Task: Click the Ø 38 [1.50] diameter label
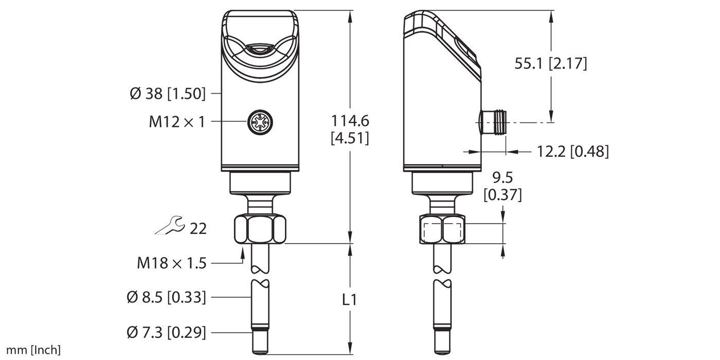(168, 94)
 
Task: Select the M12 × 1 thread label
(177, 122)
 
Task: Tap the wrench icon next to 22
(169, 226)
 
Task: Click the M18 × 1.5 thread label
(171, 263)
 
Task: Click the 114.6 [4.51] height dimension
(350, 129)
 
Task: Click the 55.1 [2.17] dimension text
(550, 64)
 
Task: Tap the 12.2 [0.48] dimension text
(572, 152)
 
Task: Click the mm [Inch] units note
(30, 351)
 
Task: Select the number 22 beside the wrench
(198, 228)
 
